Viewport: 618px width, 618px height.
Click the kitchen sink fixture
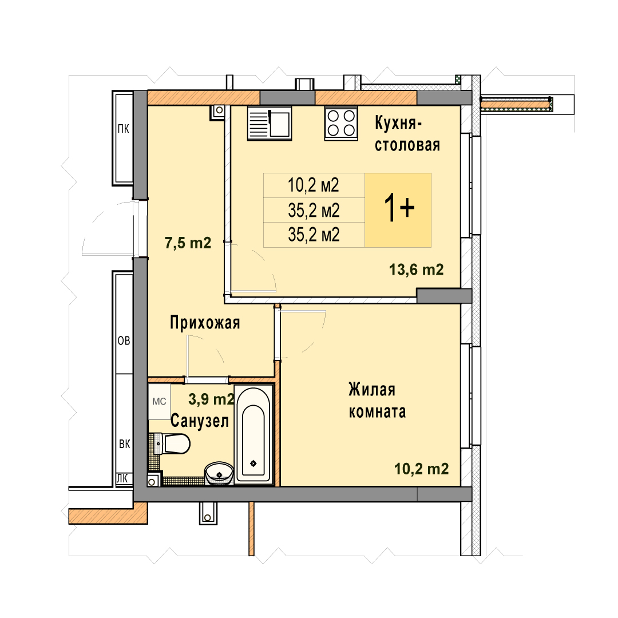(270, 123)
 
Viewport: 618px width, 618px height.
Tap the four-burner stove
(341, 124)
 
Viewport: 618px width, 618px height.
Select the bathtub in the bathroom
(253, 434)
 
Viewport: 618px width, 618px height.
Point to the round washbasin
(219, 473)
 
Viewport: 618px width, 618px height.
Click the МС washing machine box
(160, 402)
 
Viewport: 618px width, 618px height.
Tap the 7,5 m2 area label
(188, 243)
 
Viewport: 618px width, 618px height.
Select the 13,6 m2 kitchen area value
(416, 270)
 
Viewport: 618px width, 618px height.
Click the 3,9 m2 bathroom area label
(211, 399)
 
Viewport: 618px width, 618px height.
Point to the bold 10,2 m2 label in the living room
(421, 469)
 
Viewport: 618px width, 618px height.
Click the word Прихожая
(205, 323)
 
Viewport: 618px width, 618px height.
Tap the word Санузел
(200, 421)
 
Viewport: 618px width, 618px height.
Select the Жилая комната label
(377, 401)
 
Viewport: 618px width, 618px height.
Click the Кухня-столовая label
(407, 133)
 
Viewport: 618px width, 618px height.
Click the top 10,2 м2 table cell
(314, 185)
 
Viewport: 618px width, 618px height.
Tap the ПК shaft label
(124, 129)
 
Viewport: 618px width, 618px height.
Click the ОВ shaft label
(124, 340)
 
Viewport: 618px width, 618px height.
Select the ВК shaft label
(125, 444)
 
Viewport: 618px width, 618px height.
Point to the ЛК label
(122, 478)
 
